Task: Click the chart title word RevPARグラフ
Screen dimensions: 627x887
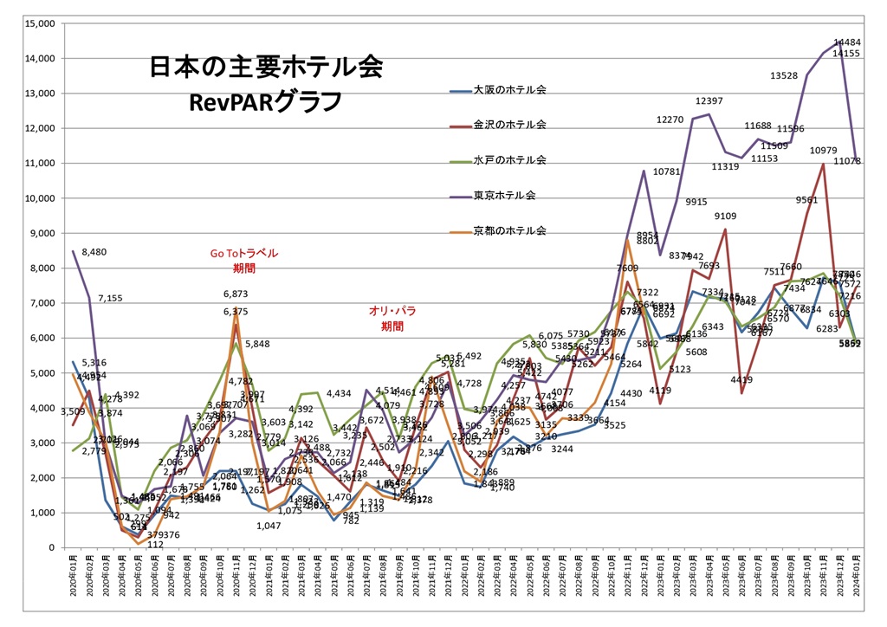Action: (x=265, y=100)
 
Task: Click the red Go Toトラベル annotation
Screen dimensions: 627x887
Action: (x=245, y=254)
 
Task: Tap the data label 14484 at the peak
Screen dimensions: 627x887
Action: (x=846, y=42)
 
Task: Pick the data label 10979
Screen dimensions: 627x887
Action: (x=824, y=152)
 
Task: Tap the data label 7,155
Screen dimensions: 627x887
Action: (x=110, y=298)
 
